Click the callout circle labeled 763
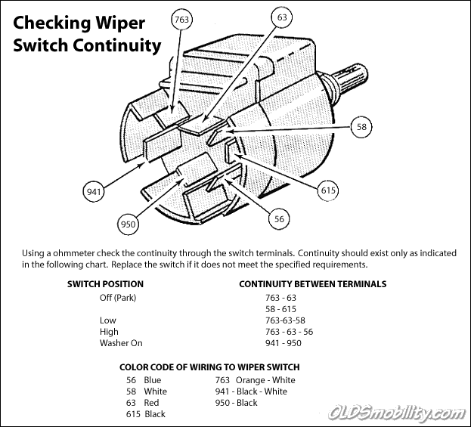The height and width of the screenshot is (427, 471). (181, 20)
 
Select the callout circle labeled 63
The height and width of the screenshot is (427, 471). (282, 16)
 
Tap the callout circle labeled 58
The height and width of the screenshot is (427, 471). (362, 127)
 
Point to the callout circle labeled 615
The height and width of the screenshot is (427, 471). (328, 190)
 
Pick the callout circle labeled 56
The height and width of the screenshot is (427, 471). (280, 218)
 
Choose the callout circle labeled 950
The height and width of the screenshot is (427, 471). (129, 224)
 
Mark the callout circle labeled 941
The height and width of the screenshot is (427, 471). (94, 192)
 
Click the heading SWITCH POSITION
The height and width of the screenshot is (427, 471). (105, 284)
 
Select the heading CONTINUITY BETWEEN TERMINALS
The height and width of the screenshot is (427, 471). (312, 284)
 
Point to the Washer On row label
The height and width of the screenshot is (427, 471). (121, 343)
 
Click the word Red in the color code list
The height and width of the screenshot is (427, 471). (152, 403)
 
